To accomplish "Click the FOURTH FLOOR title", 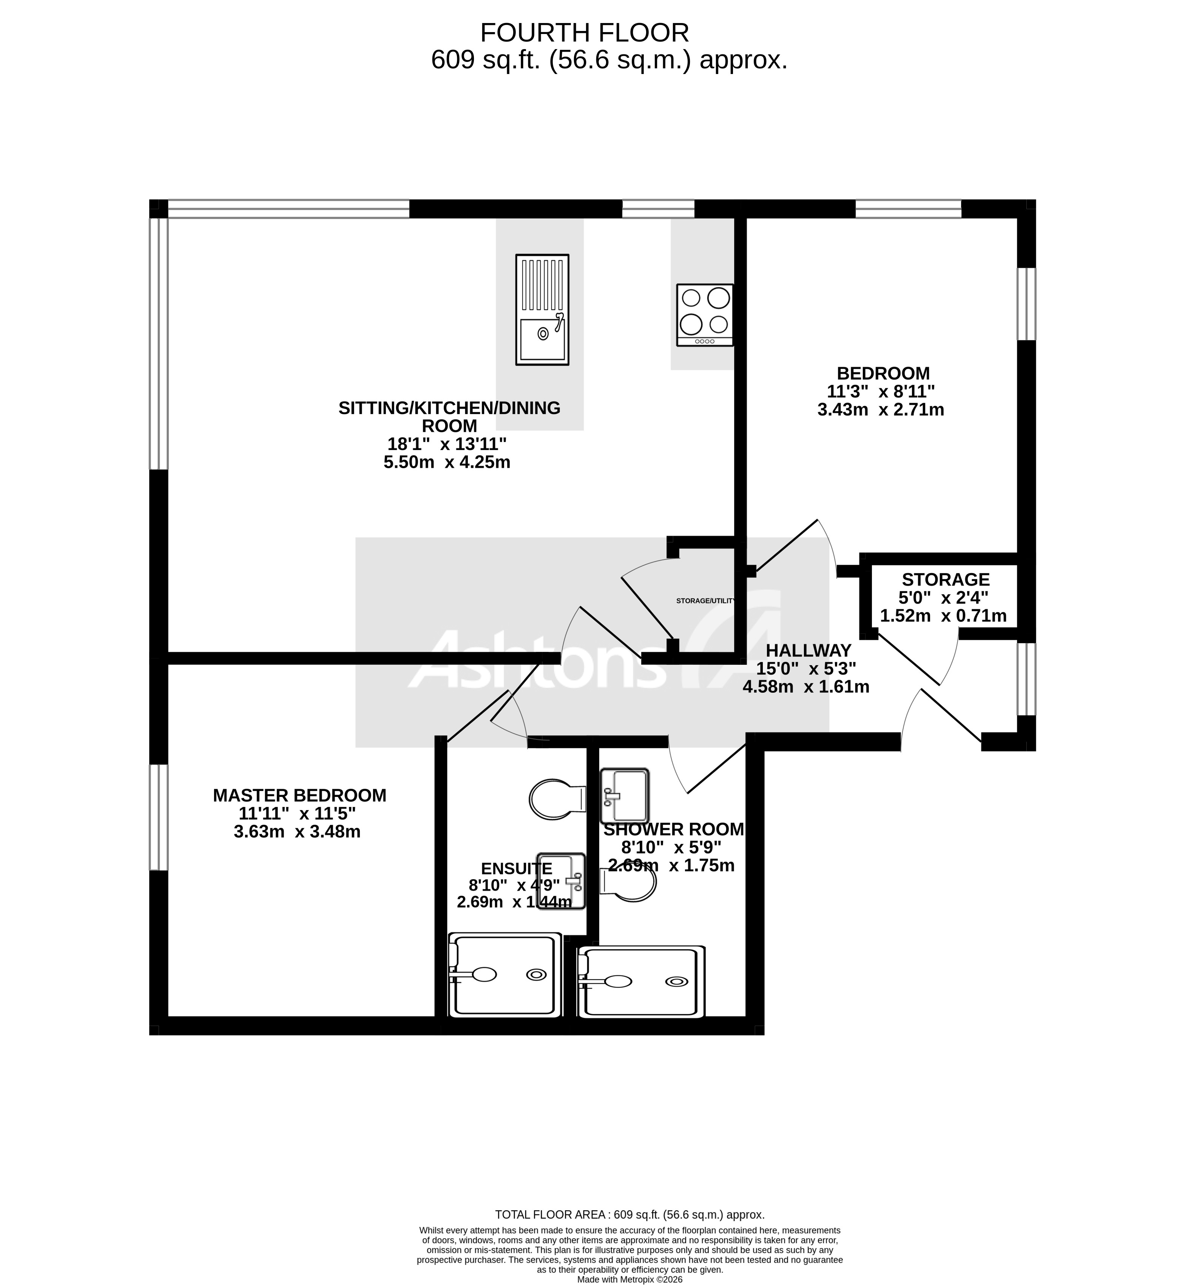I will pyautogui.click(x=584, y=32).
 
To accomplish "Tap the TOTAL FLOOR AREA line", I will pyautogui.click(x=629, y=1214).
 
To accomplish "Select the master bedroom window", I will pyautogui.click(x=158, y=817).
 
